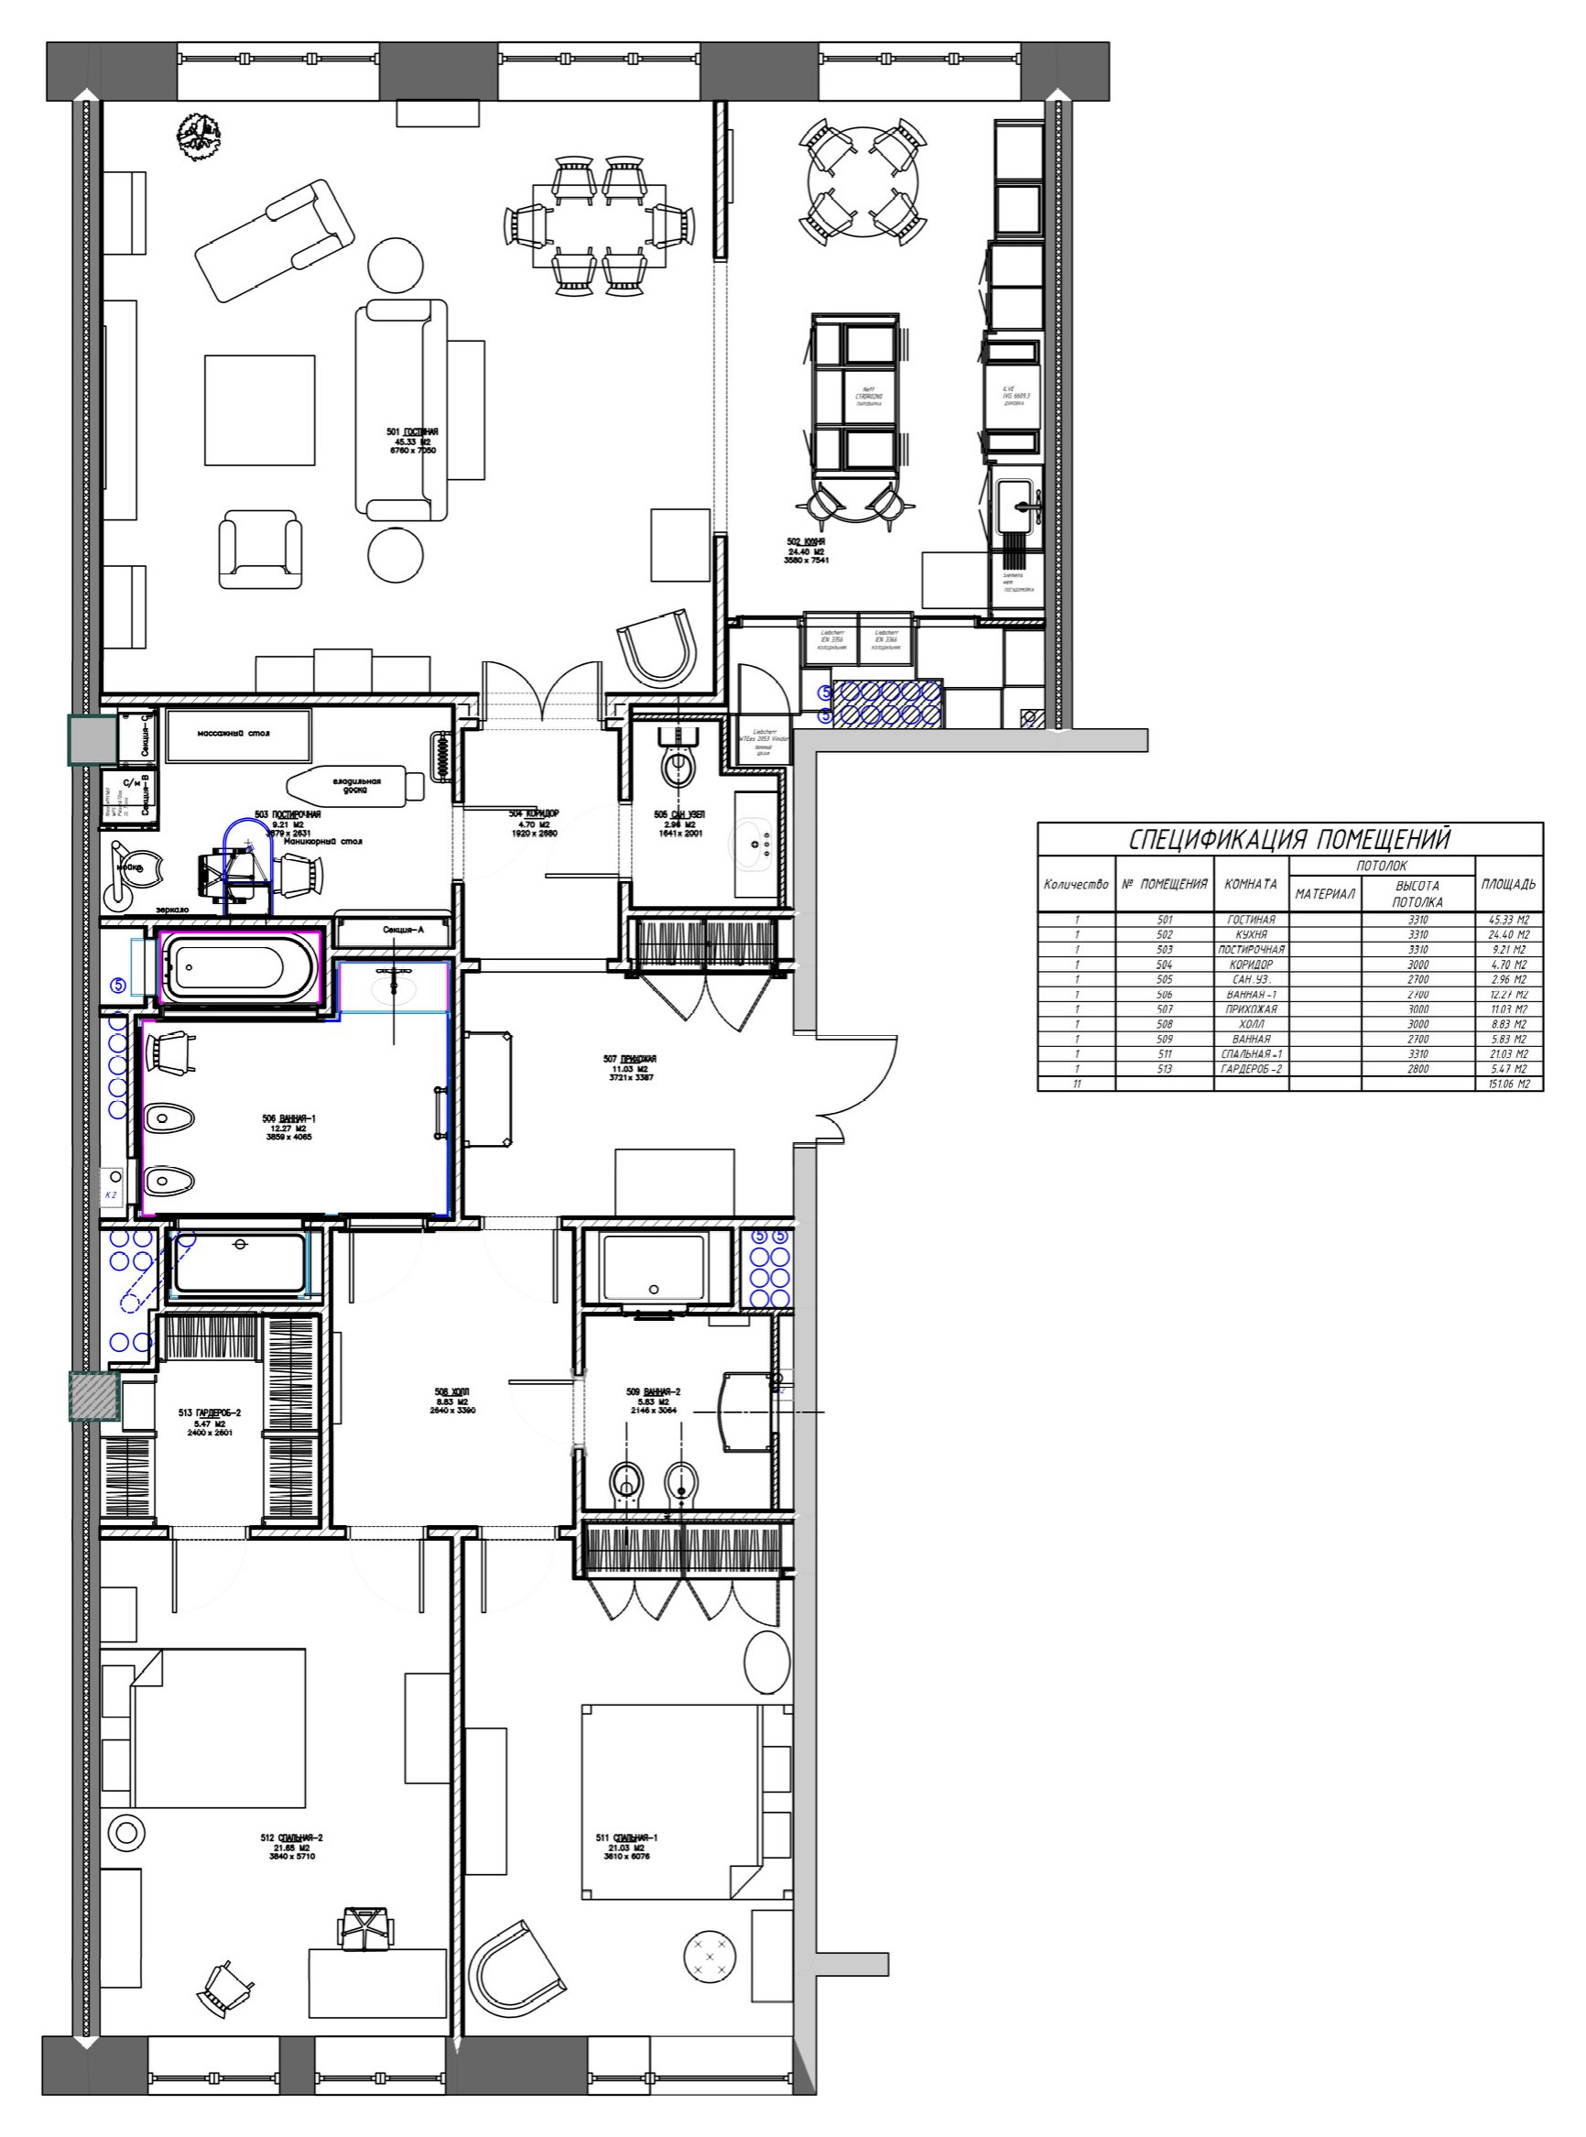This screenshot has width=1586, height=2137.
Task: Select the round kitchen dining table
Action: pos(864,182)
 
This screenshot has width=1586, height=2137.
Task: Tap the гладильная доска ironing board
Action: pos(355,785)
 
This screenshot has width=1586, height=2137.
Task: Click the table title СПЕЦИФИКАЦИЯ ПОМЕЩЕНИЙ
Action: pos(1288,839)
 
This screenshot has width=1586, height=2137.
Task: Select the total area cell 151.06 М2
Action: pos(1508,1084)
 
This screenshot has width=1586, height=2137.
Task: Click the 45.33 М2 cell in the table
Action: pos(1508,919)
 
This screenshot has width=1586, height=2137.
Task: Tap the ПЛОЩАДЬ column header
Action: pos(1507,884)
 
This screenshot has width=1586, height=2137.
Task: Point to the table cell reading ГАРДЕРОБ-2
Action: pos(1251,1068)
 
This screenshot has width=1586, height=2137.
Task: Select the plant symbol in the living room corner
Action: pos(200,136)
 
